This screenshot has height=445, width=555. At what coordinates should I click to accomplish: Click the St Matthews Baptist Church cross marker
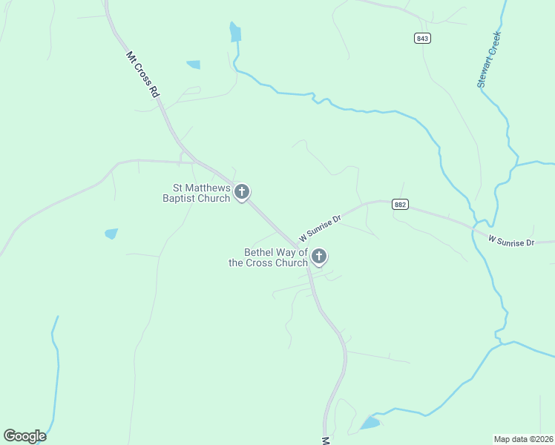241,192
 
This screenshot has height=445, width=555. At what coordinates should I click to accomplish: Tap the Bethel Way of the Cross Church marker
319,257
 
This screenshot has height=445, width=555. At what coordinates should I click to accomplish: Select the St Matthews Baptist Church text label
197,193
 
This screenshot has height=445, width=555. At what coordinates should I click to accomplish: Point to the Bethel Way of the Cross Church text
268,257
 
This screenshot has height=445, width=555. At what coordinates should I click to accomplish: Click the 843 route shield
422,39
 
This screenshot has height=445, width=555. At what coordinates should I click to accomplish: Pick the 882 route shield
400,205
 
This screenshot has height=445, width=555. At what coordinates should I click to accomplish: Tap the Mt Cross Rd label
143,75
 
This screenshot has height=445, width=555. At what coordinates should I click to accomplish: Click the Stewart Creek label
490,60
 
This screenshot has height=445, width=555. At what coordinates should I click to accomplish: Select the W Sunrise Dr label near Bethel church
320,228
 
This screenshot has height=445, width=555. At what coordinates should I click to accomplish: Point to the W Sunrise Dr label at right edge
511,240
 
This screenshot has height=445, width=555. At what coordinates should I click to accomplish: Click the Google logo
24,436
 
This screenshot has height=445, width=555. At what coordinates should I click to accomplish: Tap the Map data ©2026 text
523,438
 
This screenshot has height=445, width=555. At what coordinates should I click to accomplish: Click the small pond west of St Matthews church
111,234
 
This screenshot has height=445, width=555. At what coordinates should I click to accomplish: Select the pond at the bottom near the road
370,423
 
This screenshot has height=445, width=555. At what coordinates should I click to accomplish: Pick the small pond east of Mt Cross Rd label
194,65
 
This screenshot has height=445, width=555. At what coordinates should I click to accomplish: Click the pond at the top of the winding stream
235,32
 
